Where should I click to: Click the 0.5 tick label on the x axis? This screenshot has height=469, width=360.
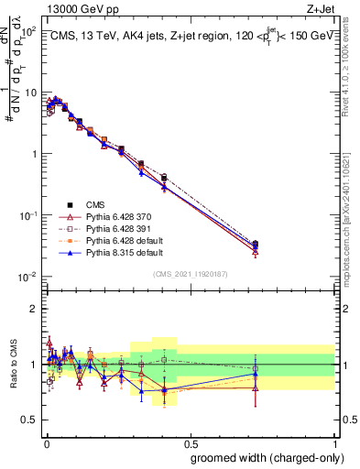pos(190,442)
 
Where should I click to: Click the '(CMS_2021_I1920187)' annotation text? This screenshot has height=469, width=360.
pos(189,274)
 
